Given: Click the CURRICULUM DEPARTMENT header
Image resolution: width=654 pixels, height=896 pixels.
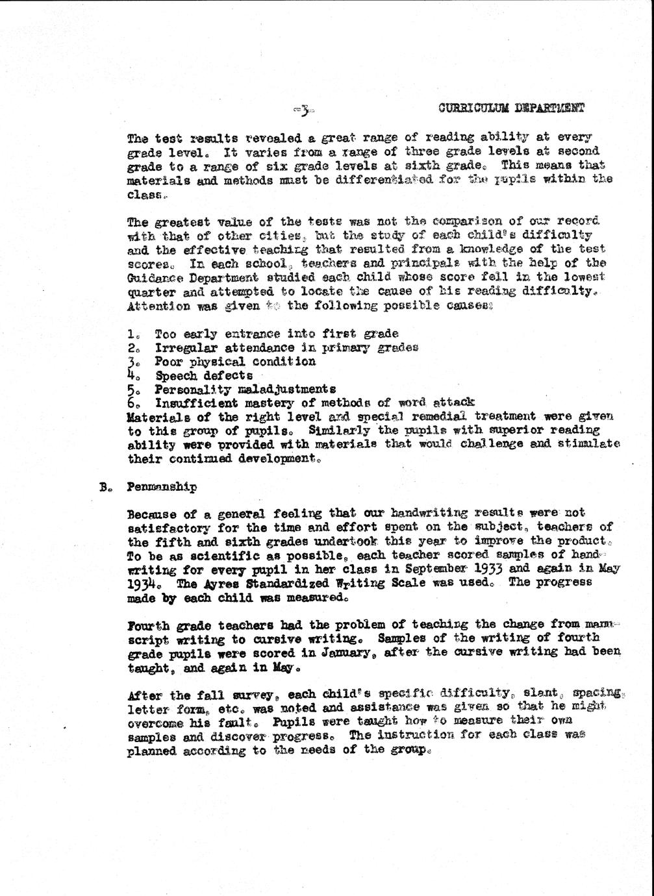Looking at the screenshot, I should coord(510,108).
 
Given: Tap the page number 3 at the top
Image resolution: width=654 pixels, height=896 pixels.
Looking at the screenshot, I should coord(303,111).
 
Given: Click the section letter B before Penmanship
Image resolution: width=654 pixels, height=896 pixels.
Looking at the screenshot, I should coord(104,487).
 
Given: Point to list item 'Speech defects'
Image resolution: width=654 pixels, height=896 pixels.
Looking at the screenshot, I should coord(203,375).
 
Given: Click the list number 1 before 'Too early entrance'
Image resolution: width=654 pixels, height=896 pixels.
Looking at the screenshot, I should coord(132,334).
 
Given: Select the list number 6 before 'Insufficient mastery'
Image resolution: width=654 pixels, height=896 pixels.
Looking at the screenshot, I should coord(132,403).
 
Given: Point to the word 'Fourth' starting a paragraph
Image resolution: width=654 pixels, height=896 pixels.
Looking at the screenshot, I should coord(149,626).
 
